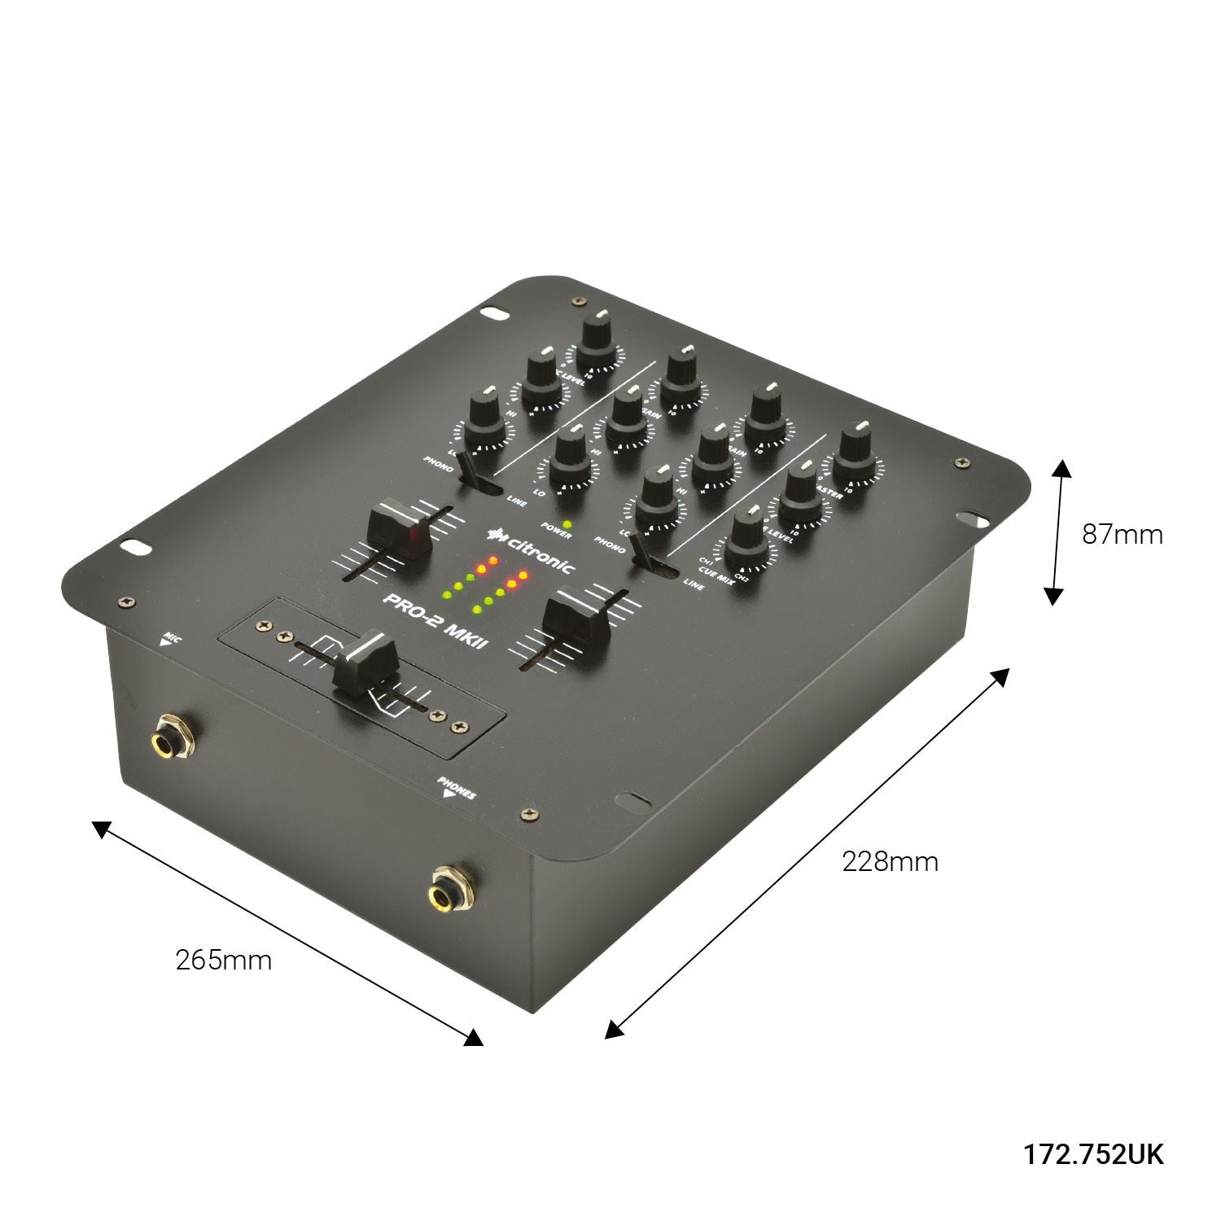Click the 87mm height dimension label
1122,535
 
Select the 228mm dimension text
890,861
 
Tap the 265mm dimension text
224,961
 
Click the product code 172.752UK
1093,1154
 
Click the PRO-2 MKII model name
436,619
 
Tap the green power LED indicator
567,523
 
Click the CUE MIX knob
748,539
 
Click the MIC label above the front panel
171,638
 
